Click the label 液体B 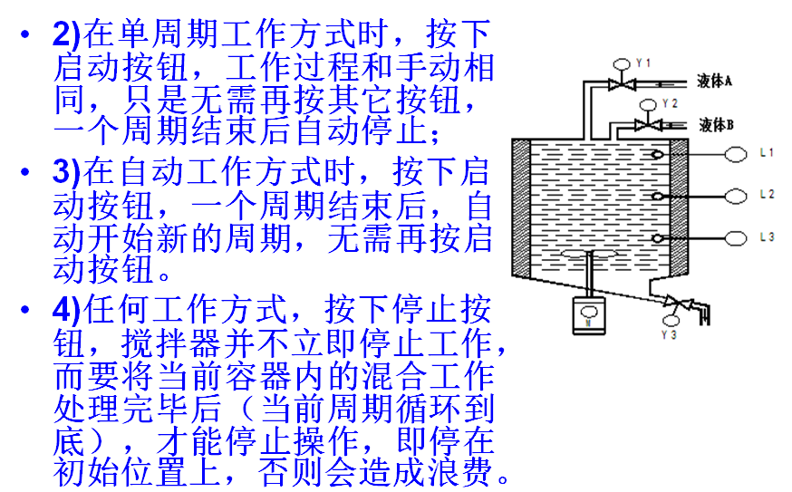[x=717, y=124]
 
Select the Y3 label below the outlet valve [x=672, y=334]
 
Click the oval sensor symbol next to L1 [x=735, y=154]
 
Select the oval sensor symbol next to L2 [x=735, y=195]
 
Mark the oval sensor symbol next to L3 [x=735, y=237]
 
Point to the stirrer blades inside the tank [x=589, y=256]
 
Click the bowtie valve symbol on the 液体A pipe [x=621, y=84]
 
